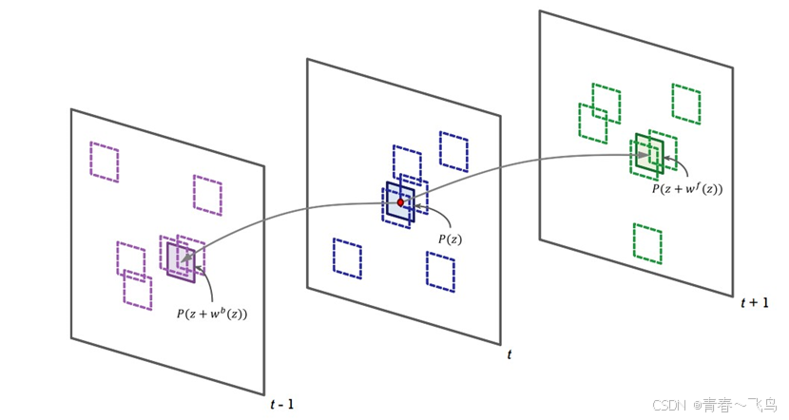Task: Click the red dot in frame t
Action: (401, 202)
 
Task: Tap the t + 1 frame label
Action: (753, 302)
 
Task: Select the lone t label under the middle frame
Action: (510, 354)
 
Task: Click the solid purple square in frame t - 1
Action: (181, 260)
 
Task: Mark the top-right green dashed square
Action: (686, 103)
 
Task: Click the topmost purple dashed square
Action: (105, 162)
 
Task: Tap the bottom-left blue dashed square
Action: (347, 257)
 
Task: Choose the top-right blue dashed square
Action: (453, 151)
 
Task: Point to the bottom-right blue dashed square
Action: (441, 271)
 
